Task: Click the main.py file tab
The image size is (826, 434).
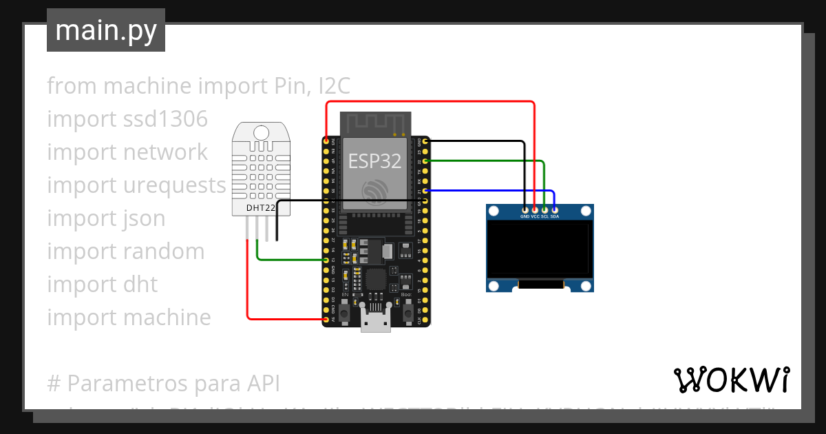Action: pyautogui.click(x=105, y=30)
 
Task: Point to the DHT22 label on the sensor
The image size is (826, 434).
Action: pyautogui.click(x=261, y=207)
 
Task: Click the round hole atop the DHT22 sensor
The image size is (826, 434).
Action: pyautogui.click(x=261, y=132)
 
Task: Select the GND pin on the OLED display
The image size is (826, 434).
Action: pyautogui.click(x=525, y=209)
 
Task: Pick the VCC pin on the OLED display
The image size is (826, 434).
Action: pyautogui.click(x=535, y=209)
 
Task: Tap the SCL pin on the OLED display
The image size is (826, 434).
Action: pyautogui.click(x=544, y=209)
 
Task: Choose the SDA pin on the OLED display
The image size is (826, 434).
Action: pyautogui.click(x=554, y=209)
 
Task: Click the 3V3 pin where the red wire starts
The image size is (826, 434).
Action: pyautogui.click(x=326, y=141)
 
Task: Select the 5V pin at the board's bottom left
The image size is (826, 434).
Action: pyautogui.click(x=326, y=320)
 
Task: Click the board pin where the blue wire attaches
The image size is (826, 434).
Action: pyautogui.click(x=426, y=191)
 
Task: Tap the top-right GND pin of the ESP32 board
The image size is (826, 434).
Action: pyautogui.click(x=426, y=141)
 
